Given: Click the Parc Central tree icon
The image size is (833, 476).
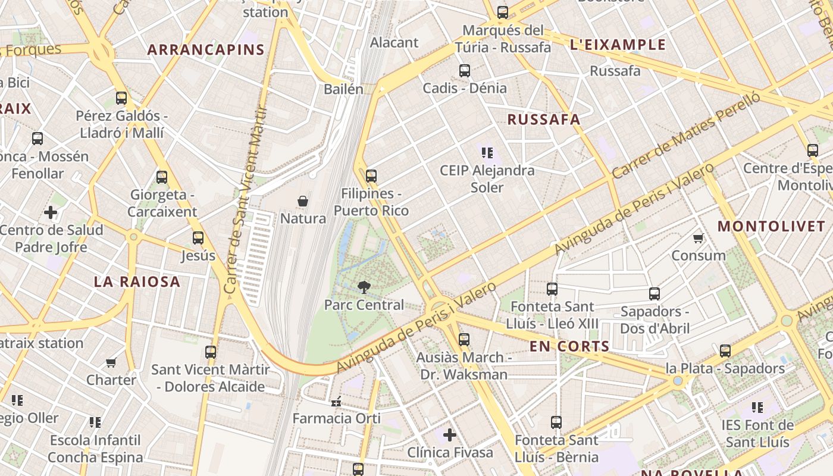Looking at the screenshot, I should pos(363,287).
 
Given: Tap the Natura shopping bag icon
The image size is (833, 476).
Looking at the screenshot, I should pos(303,201).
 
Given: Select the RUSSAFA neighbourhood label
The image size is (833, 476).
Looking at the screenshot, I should pos(543,120).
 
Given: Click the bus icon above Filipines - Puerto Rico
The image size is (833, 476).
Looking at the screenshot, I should pos(371,176).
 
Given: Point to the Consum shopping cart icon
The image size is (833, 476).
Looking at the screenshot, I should pos(698,239).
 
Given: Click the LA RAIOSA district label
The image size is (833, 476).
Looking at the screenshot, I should pos(137,282).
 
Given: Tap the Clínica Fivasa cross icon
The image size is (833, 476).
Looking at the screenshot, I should pos(450,435).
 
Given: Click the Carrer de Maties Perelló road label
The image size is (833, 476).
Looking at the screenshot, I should pos(686,136).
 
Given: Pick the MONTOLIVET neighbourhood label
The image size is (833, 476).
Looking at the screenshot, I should pos(771,227).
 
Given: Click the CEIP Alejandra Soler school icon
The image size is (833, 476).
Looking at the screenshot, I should pos(487,153).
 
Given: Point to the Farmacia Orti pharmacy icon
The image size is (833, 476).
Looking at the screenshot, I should pos(336,402).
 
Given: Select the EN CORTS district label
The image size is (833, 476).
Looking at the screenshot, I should pos(569,347).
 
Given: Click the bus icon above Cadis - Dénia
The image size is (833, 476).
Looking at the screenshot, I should pos(465,71).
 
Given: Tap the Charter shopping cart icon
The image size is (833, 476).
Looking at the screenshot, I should pos(111,362).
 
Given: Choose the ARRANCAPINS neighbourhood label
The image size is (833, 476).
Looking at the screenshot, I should pos(205,50).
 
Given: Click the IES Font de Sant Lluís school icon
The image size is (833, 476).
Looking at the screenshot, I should pos(757,408).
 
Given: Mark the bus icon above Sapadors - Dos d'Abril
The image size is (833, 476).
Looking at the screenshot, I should pos(654,294).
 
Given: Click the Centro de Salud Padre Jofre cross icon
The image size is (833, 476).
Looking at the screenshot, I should pos(51,212).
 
